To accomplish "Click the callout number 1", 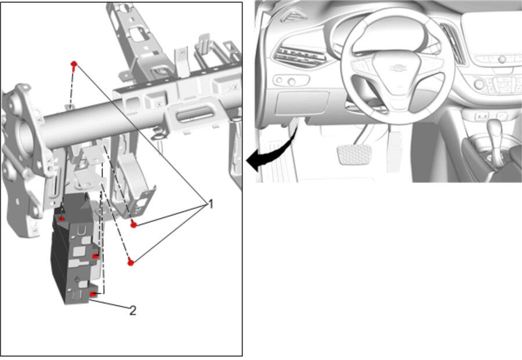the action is (211, 203).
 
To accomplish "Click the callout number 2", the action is (132, 311).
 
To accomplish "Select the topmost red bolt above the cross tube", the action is (74, 64).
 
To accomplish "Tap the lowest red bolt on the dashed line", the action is (131, 262).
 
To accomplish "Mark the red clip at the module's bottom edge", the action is (93, 294).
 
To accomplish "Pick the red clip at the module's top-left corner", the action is (61, 219).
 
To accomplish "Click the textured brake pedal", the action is (354, 154).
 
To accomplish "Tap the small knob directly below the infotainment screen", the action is (502, 60).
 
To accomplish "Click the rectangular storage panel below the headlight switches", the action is (302, 103).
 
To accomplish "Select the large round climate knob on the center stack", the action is (480, 84).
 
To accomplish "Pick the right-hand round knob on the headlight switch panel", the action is (292, 81).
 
